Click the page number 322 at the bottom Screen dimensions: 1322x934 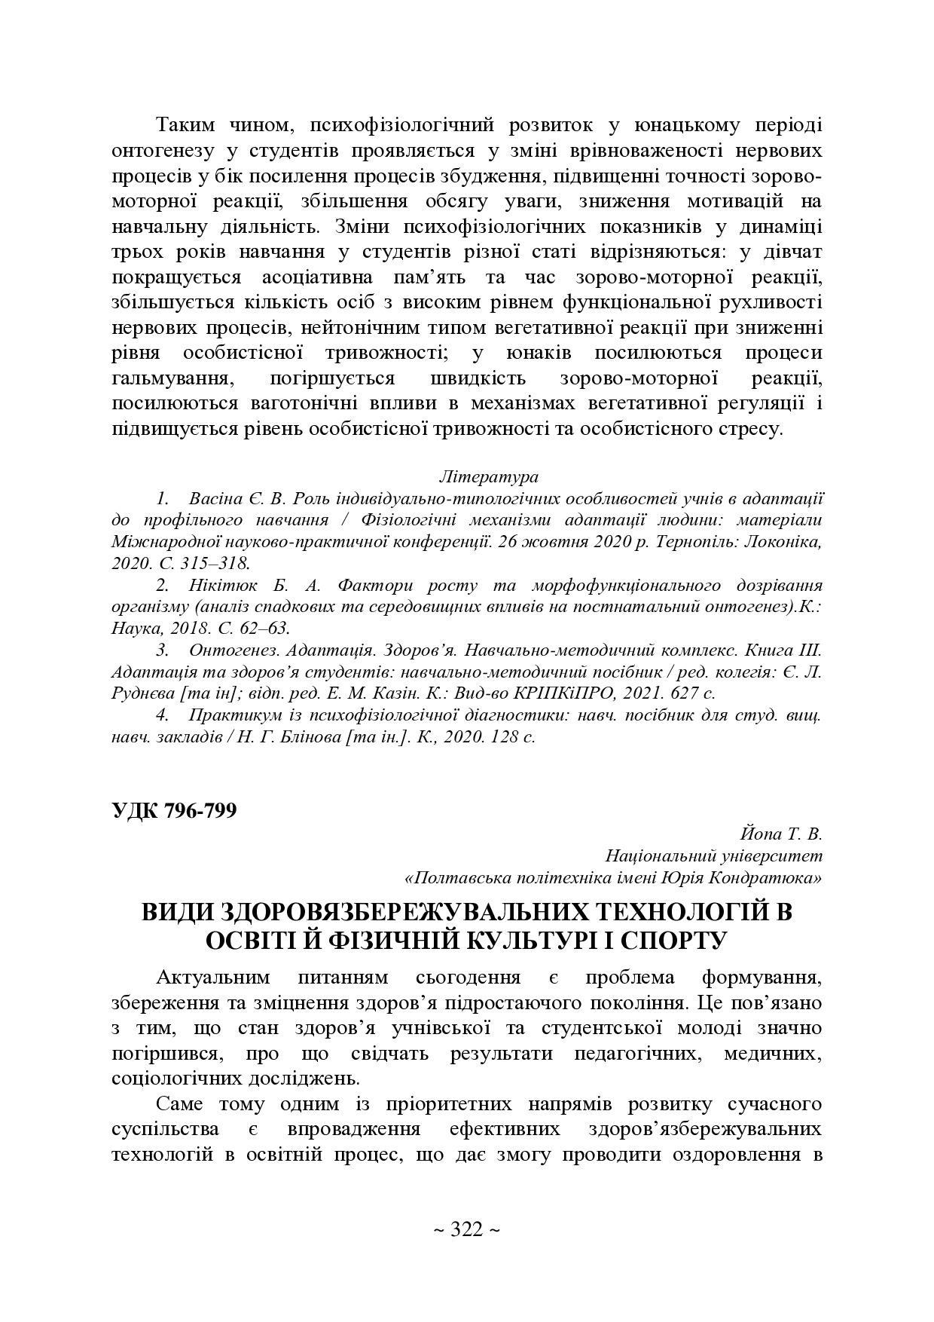point(466,1231)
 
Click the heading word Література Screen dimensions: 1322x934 point(488,477)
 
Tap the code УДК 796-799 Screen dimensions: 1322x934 point(174,810)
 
